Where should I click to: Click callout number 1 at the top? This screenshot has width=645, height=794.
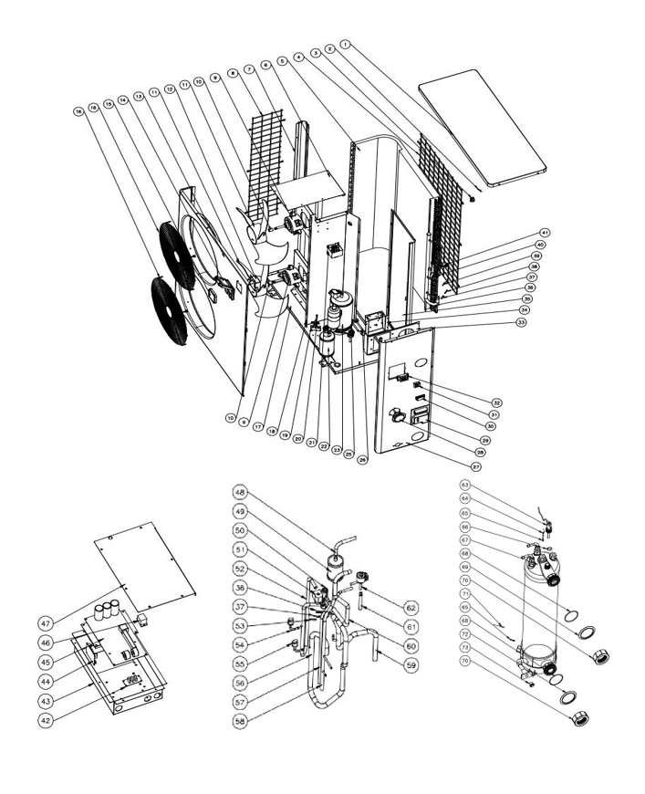tap(344, 44)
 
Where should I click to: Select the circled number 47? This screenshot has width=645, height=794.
tap(44, 622)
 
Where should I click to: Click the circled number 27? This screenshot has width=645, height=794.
tap(475, 465)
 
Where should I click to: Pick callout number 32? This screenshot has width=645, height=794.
tap(497, 402)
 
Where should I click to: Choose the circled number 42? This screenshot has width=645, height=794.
tap(44, 720)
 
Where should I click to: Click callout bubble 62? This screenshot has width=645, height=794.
tap(411, 606)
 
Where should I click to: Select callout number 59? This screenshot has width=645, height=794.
tap(411, 665)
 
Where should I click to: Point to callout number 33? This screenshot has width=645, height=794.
tap(522, 321)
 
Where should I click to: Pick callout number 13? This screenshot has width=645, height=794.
tap(140, 95)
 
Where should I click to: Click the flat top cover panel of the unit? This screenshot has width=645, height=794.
tap(484, 132)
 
